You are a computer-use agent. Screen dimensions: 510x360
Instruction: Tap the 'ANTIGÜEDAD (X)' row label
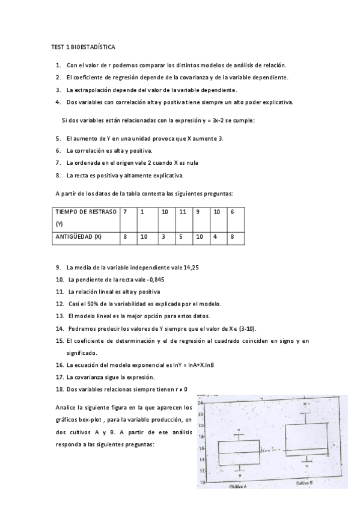(79, 236)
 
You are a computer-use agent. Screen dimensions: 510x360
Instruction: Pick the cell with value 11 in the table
(183, 212)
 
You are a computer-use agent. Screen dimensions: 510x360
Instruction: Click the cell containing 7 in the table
(125, 212)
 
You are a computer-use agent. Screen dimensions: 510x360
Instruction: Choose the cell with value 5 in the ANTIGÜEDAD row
(180, 236)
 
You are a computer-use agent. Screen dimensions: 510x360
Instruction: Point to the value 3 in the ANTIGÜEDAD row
(163, 236)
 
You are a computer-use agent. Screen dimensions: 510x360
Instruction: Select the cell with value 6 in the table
(233, 212)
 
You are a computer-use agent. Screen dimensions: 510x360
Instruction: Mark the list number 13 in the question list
(59, 316)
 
